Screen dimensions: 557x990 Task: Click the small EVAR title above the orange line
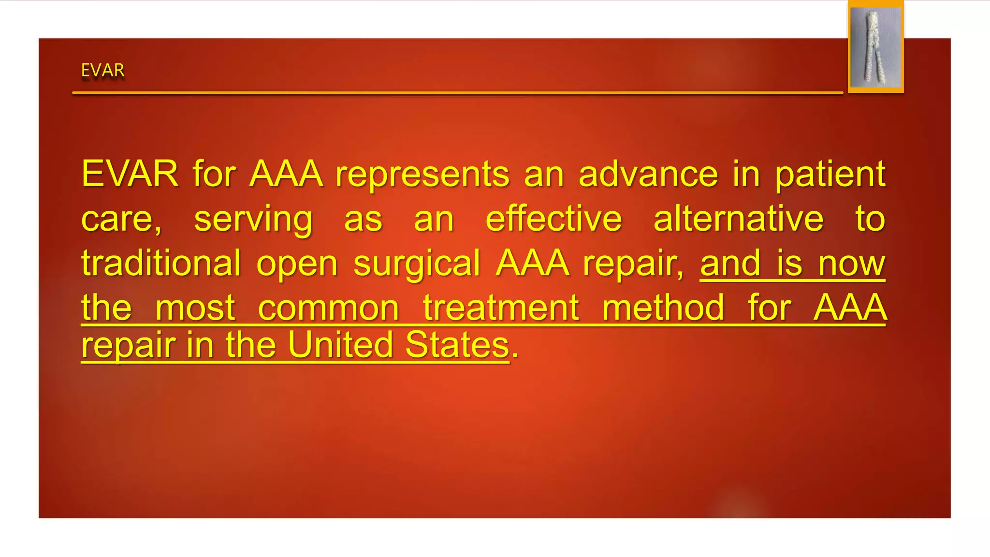pos(102,71)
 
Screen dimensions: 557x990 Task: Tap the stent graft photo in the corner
pos(875,47)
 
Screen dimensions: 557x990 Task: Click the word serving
pos(253,219)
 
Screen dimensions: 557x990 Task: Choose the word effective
pos(553,219)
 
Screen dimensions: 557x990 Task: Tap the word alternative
pos(738,219)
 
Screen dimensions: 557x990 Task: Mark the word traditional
pos(161,264)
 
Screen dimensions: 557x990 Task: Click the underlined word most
pos(195,308)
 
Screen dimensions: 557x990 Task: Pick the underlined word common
pos(328,308)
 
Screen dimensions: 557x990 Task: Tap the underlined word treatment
pos(501,308)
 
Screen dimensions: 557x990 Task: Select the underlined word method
pos(663,308)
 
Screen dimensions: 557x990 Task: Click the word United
pos(340,345)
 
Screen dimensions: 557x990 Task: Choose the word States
pos(457,345)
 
